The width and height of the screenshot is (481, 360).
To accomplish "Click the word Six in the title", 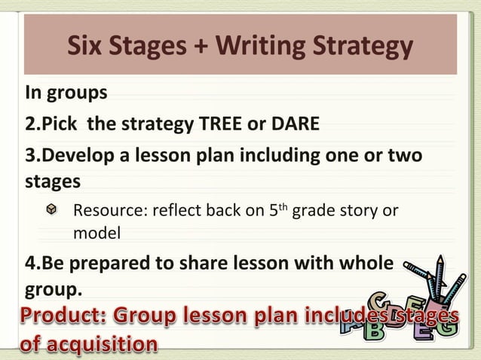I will (84, 47).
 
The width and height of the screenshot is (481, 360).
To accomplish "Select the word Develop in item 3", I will (72, 156).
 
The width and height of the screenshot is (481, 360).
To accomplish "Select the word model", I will (97, 233).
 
